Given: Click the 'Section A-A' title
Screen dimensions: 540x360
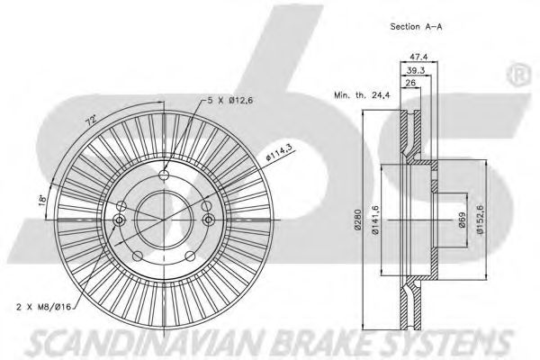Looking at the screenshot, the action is tap(416, 26).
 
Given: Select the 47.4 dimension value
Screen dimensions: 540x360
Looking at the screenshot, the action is tap(418, 57).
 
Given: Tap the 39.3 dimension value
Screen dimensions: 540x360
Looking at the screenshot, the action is tap(416, 70).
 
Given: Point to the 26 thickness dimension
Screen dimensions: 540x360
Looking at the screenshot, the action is tap(410, 83).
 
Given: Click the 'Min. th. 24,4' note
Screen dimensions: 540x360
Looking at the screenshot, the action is tap(362, 95).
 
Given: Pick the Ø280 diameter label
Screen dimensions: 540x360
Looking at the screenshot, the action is tap(358, 220).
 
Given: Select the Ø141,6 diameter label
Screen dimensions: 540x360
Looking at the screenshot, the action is tap(375, 220).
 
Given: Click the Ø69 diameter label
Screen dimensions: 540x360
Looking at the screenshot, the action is tap(462, 220).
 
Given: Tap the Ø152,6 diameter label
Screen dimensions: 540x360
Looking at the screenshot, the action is tap(480, 220).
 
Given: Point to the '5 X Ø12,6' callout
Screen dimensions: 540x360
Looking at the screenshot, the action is tap(230, 101).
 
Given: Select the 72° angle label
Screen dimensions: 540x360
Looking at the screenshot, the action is tap(91, 121).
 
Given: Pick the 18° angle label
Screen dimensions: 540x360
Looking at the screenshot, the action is tap(42, 200).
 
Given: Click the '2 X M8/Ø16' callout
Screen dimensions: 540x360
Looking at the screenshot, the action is tap(43, 307).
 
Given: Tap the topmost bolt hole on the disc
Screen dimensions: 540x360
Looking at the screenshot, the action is tap(164, 175).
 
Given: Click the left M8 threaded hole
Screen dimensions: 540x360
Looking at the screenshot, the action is tap(119, 220).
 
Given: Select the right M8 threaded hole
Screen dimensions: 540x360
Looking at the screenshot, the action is tap(208, 220).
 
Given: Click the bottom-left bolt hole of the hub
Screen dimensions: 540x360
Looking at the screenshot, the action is tap(138, 256).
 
